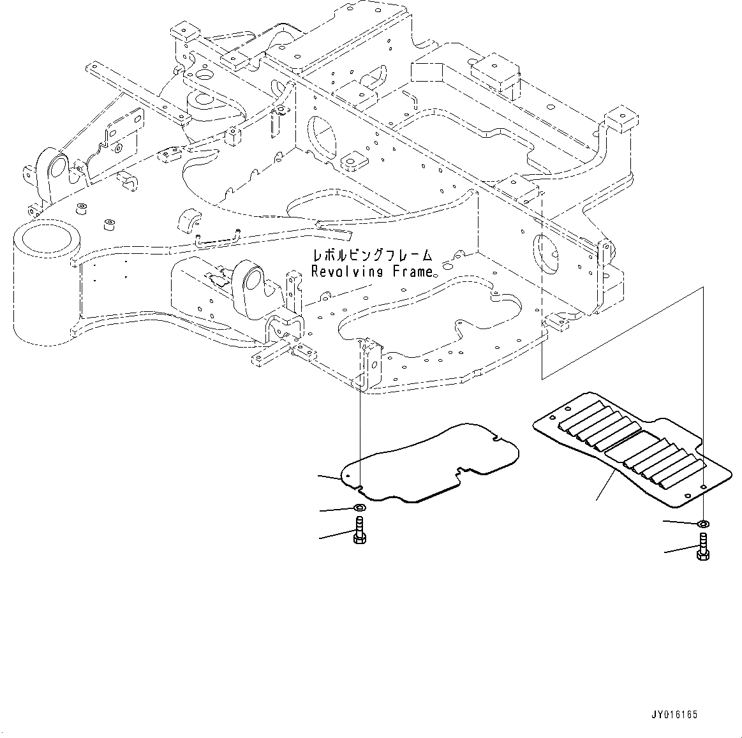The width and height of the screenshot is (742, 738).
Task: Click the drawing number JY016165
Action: click(675, 715)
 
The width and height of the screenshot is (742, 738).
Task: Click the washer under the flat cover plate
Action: click(359, 508)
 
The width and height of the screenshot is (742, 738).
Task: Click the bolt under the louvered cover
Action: click(702, 548)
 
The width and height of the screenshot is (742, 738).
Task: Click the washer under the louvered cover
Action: click(702, 524)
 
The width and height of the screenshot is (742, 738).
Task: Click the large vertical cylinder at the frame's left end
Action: click(45, 281)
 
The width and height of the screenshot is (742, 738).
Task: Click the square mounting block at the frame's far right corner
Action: click(619, 119)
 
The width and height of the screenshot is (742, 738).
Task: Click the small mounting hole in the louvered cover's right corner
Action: click(702, 487)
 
